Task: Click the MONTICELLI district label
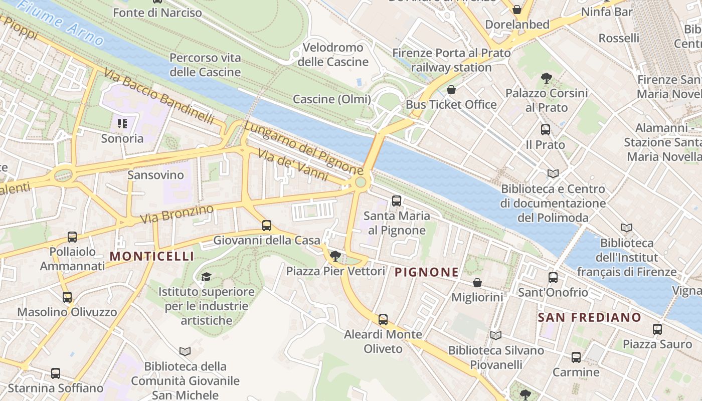[x=151, y=256]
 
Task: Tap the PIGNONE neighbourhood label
[x=426, y=272]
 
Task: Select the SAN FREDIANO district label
[x=589, y=317]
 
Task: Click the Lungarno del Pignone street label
[x=303, y=148]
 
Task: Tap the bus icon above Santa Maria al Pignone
[x=397, y=201]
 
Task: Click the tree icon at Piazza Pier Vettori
[x=335, y=257]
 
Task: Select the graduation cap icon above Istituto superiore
[x=206, y=277]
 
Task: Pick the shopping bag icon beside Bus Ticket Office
[x=451, y=90]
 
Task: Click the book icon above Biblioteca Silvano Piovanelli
[x=496, y=336]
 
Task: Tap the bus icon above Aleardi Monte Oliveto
[x=383, y=319]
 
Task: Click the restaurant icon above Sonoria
[x=122, y=123]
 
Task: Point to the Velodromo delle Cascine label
[x=333, y=55]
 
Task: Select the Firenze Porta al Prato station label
[x=451, y=60]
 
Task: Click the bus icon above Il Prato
[x=546, y=130]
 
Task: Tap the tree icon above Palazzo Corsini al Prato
[x=547, y=78]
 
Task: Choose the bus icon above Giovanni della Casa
[x=267, y=226]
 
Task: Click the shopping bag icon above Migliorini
[x=477, y=283]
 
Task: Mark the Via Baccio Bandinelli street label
[x=159, y=96]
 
